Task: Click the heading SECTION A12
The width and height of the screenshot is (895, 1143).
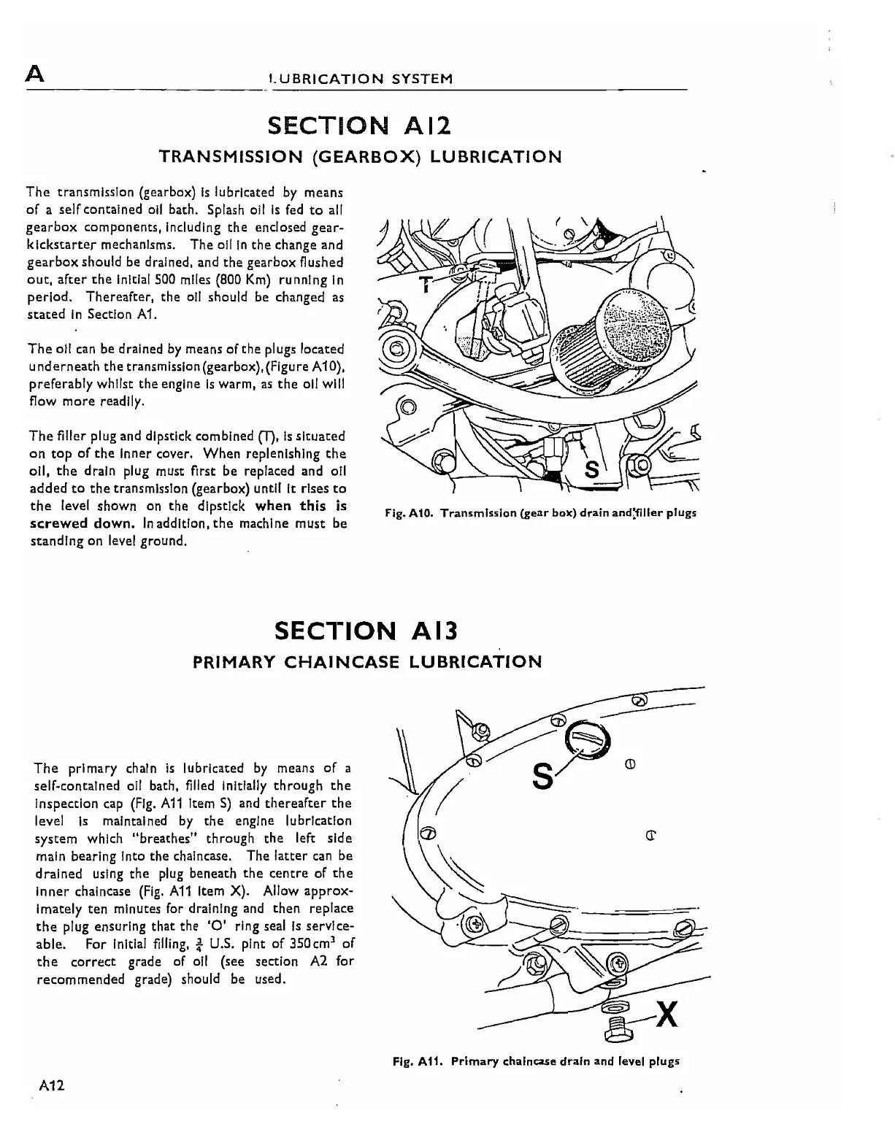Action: [360, 126]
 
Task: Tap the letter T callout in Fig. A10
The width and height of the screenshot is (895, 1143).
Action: [423, 284]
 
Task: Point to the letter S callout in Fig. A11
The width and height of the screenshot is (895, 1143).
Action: [542, 774]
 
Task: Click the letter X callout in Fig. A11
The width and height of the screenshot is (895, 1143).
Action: [667, 1014]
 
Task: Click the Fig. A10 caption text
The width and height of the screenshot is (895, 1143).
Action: [540, 512]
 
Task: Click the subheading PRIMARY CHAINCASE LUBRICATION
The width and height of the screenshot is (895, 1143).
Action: [366, 662]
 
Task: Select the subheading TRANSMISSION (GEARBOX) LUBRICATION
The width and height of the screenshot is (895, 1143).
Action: [361, 156]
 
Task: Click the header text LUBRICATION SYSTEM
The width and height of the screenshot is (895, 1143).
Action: [360, 79]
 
